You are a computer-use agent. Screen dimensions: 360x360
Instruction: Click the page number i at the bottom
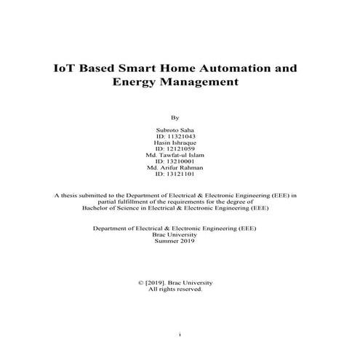coord(180,335)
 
